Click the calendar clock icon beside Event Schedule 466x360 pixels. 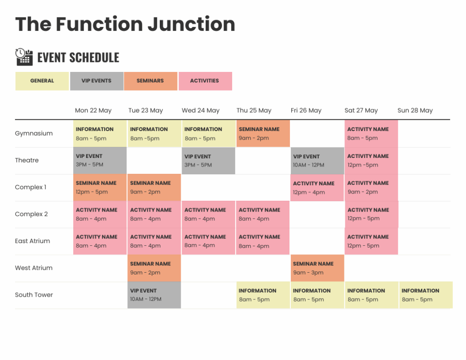click(x=24, y=57)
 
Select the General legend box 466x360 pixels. click(x=42, y=81)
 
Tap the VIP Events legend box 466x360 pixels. click(x=96, y=81)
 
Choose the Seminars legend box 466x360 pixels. click(x=150, y=81)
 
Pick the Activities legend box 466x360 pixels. click(x=205, y=81)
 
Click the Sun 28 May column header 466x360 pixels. click(x=415, y=111)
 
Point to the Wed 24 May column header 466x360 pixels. click(x=201, y=111)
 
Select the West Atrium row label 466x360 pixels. click(x=34, y=268)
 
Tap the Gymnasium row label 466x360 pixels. click(x=34, y=134)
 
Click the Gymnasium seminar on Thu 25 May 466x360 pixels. click(x=263, y=133)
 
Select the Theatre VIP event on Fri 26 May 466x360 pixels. click(x=317, y=161)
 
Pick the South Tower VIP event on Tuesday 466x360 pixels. click(x=154, y=295)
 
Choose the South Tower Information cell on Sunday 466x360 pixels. click(x=425, y=295)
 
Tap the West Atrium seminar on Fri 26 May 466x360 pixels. click(x=317, y=268)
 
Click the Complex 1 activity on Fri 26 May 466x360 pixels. click(x=317, y=188)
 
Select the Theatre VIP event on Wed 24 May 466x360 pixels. click(x=208, y=161)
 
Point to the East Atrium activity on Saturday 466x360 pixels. click(x=371, y=241)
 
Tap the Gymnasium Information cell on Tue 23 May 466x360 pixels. click(x=154, y=133)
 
